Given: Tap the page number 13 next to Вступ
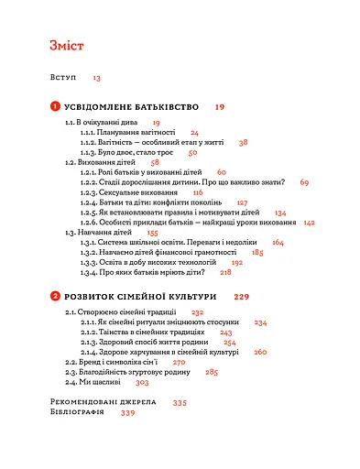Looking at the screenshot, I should [96, 80].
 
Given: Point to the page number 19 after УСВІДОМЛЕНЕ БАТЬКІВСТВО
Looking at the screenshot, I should [220, 107].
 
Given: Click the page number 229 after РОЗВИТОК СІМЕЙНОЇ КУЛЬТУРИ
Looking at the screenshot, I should [242, 297].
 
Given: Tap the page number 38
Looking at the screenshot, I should [244, 142].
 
